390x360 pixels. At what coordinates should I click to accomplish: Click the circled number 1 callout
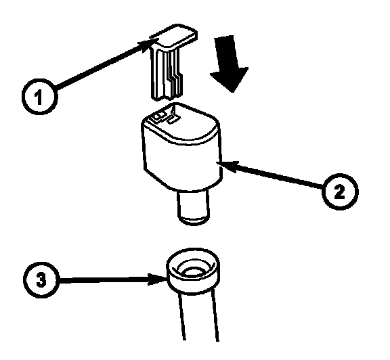[x=40, y=97]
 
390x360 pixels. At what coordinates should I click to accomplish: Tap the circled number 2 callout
[x=340, y=192]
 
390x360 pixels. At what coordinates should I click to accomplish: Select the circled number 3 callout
[x=41, y=279]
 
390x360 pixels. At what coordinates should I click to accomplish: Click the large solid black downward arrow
[x=230, y=64]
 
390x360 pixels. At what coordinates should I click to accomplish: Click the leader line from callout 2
[x=270, y=175]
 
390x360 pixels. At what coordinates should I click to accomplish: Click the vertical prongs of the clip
[x=166, y=74]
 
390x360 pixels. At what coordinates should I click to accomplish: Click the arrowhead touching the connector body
[x=227, y=166]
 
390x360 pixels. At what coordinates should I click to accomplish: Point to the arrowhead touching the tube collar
[x=157, y=279]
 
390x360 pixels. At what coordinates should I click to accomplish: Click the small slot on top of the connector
[x=173, y=120]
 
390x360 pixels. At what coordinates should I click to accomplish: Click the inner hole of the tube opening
[x=193, y=271]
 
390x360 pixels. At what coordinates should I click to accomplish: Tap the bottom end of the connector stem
[x=194, y=221]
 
